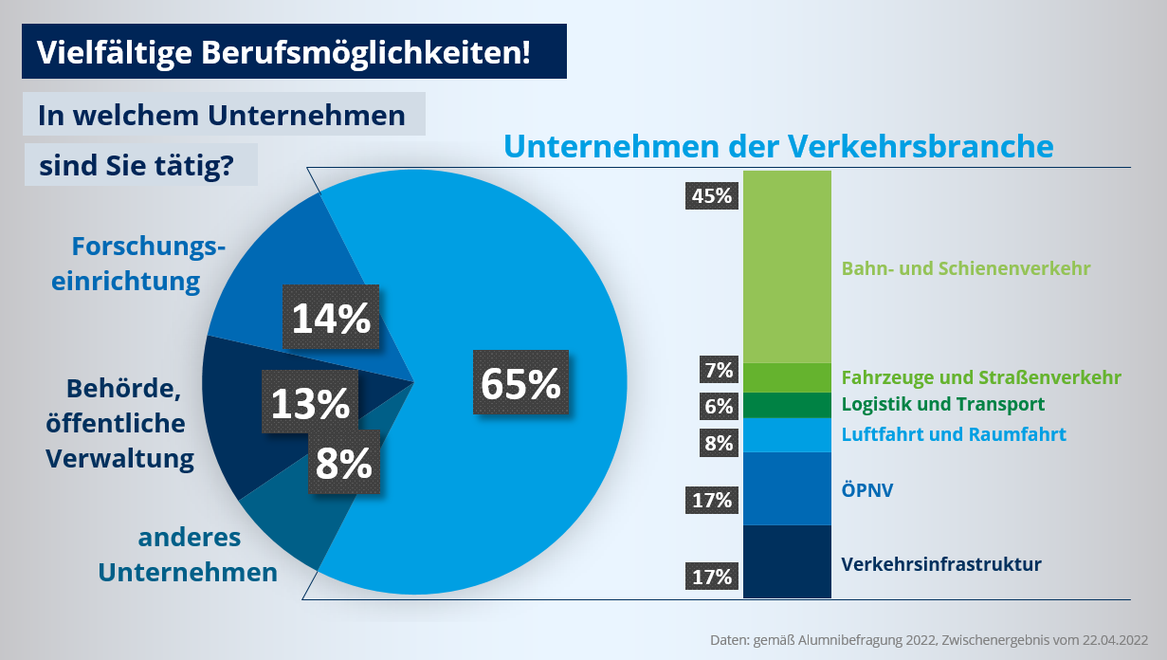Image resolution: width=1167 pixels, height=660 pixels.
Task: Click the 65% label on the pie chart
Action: [x=520, y=382]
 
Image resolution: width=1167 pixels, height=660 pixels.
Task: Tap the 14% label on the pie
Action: [x=331, y=318]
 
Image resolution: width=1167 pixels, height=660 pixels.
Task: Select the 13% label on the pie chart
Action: [x=310, y=403]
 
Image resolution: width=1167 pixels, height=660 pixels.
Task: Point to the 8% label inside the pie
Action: [x=343, y=463]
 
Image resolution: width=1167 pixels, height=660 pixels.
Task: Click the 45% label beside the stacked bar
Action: [x=712, y=196]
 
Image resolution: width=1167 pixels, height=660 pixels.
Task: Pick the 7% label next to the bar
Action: [x=719, y=369]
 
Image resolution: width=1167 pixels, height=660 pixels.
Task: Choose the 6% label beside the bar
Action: [x=719, y=406]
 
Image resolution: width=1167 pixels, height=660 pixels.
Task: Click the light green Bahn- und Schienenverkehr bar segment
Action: [x=787, y=266]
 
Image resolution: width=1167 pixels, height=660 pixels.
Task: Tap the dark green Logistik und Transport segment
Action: [x=787, y=405]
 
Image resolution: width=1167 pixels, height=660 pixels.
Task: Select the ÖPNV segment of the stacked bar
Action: [x=787, y=488]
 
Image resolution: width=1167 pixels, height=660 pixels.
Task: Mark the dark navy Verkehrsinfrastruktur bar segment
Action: [x=787, y=561]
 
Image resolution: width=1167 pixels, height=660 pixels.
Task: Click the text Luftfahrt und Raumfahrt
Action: [x=954, y=434]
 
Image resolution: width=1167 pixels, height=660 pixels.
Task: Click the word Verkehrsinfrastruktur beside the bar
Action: [x=941, y=564]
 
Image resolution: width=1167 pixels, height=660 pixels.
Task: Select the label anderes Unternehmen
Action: [x=189, y=555]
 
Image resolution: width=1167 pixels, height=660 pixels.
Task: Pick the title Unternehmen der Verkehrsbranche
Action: [x=778, y=146]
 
